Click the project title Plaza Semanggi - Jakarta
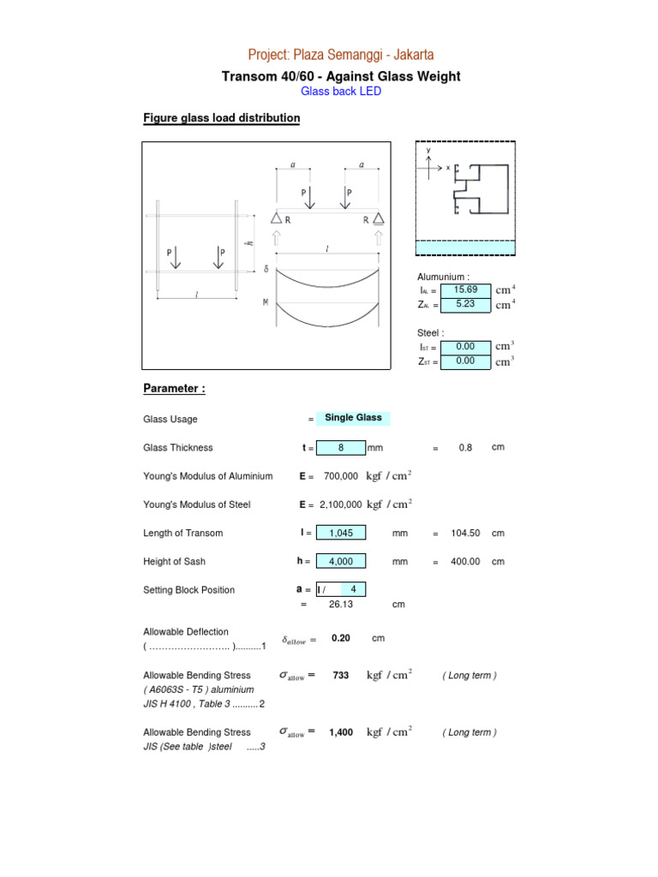pos(341,55)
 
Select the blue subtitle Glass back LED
pos(341,92)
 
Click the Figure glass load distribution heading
pos(221,118)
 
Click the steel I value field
pos(465,347)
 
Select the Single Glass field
pos(353,418)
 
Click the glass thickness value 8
pos(341,447)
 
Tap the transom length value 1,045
pos(341,533)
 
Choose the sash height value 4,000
pos(341,561)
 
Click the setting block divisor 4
pos(353,589)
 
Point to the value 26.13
pos(341,604)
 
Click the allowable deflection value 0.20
pos(341,639)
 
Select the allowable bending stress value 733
pos(341,676)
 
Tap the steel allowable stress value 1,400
pos(341,733)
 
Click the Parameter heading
pos(174,389)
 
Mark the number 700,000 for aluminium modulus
pos(341,476)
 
